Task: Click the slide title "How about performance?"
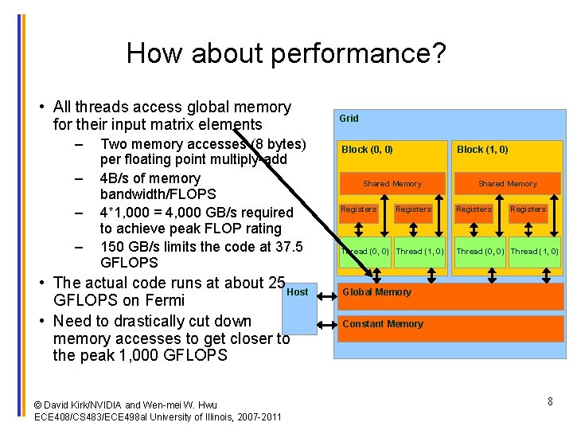(x=286, y=53)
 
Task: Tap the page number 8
(x=550, y=401)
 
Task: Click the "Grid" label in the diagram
(x=349, y=119)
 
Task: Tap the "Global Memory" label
(x=376, y=292)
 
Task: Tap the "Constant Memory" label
(x=382, y=324)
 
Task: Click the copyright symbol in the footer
(x=38, y=405)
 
